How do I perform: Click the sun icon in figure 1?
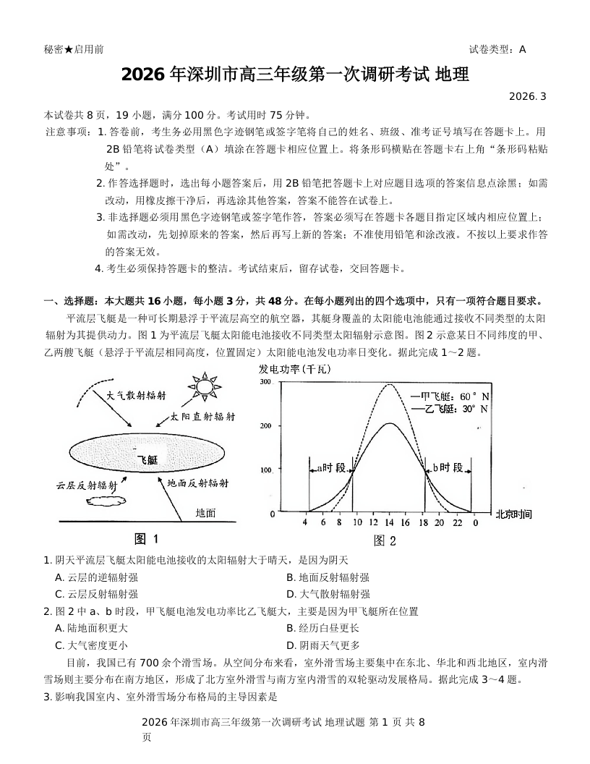[x=205, y=386]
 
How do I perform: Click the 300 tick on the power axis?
[x=265, y=382]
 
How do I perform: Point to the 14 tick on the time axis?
[x=389, y=522]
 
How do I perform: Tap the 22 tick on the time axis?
[x=457, y=522]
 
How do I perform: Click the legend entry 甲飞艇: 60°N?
[x=450, y=396]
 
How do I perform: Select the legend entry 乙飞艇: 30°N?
[x=450, y=409]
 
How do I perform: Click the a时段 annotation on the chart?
[x=330, y=468]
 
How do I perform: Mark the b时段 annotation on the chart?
[x=448, y=468]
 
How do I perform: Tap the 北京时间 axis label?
[x=513, y=514]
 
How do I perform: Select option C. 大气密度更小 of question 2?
[x=91, y=645]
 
